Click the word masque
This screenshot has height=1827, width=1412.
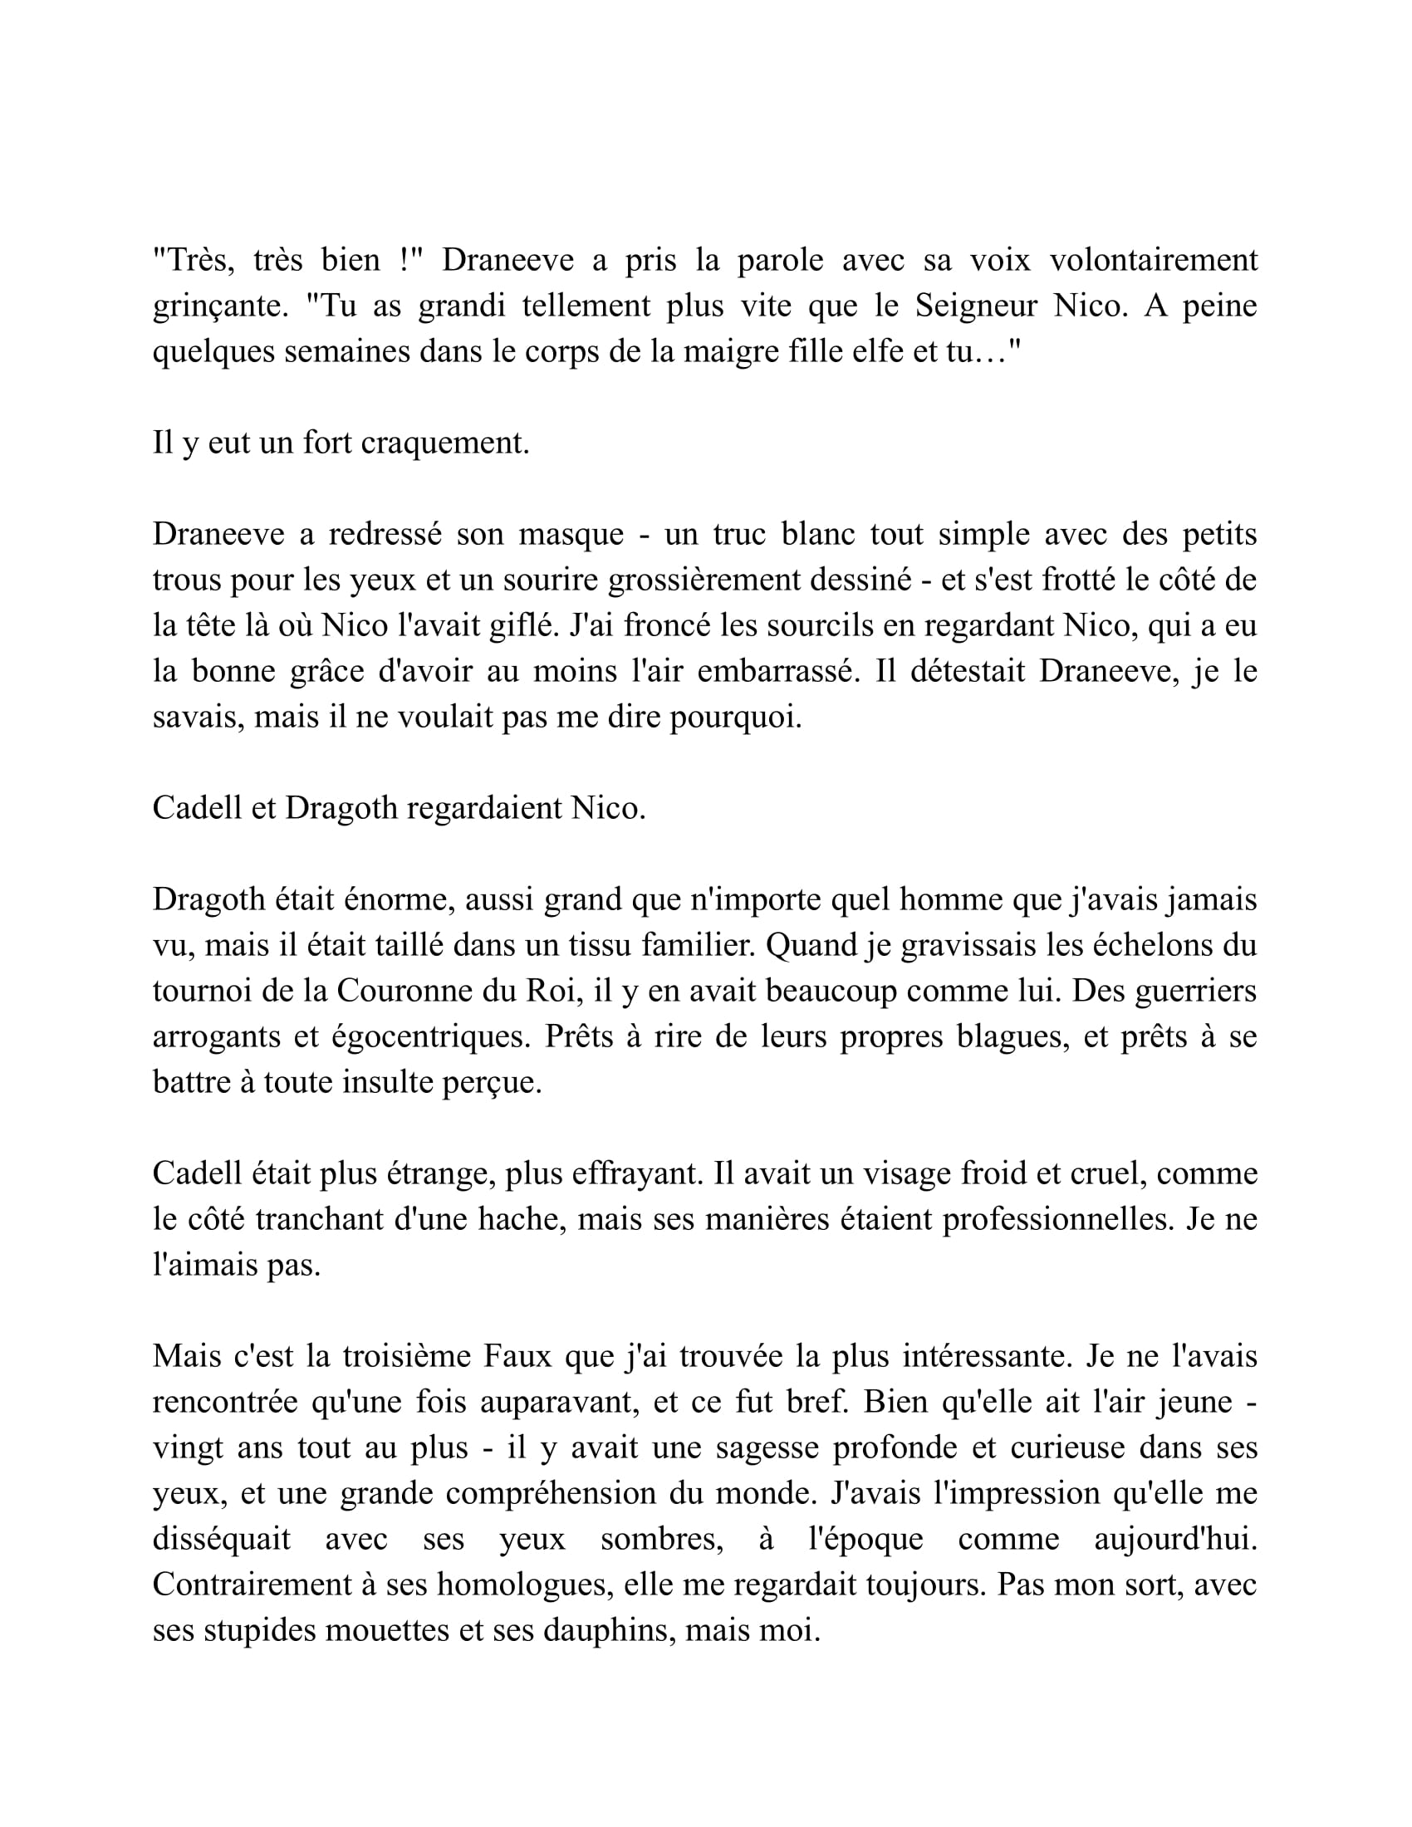point(571,535)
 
